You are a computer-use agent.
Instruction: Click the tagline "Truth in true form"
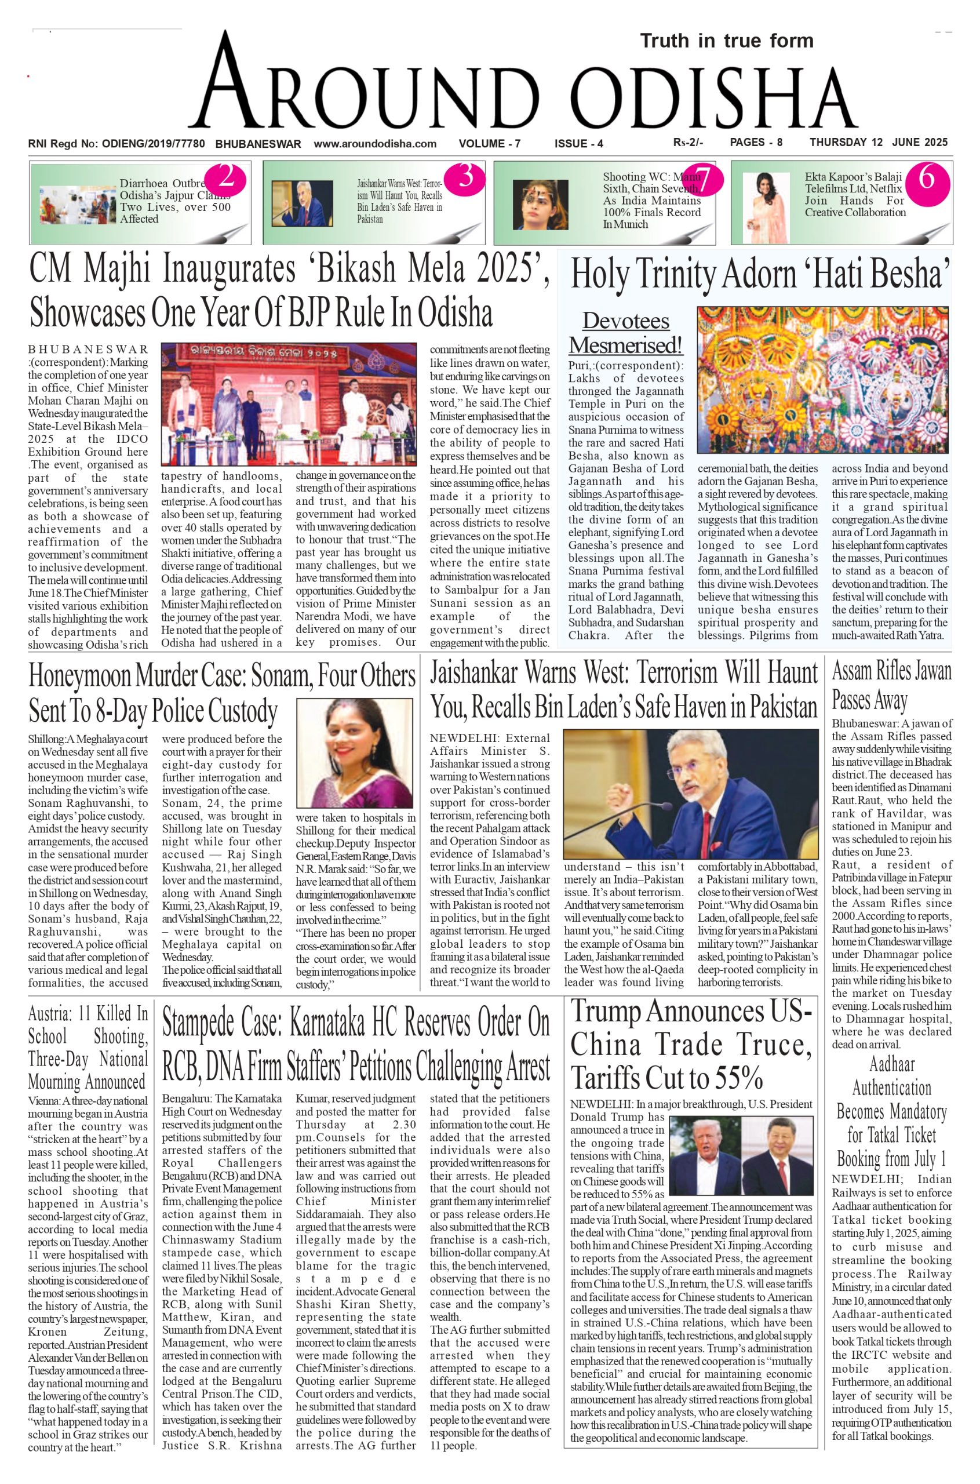[726, 41]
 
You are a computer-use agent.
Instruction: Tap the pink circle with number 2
[225, 179]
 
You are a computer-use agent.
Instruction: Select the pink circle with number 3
[465, 178]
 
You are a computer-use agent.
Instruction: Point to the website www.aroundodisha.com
[375, 144]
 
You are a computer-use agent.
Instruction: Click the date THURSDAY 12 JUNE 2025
[878, 143]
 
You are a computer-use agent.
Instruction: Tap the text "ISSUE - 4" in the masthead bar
[579, 144]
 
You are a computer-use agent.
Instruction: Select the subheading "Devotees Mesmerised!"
[626, 333]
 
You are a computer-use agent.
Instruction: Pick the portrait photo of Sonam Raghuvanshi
[354, 754]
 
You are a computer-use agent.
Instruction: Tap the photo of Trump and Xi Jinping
[740, 1154]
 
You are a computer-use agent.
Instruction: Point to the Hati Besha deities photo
[822, 380]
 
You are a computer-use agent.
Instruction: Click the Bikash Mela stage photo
[289, 404]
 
